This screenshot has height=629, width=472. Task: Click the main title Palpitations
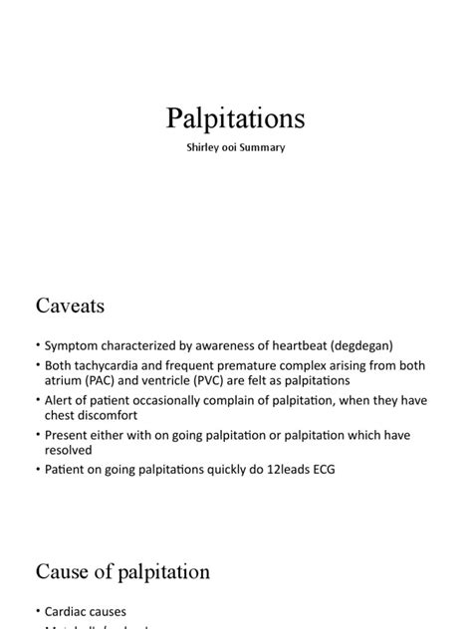point(236,119)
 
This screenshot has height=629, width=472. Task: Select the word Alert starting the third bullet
point(61,398)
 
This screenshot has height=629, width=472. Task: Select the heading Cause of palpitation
point(122,571)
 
